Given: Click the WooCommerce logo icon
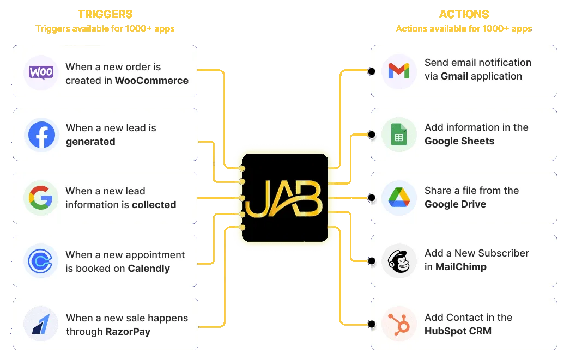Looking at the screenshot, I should pyautogui.click(x=41, y=72).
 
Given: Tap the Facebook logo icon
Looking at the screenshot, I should pyautogui.click(x=41, y=135).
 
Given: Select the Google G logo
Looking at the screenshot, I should pyautogui.click(x=41, y=198).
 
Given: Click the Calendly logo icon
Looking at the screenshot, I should pyautogui.click(x=41, y=261).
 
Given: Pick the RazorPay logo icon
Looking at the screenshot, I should pyautogui.click(x=41, y=324).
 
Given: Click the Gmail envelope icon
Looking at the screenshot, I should pyautogui.click(x=399, y=71).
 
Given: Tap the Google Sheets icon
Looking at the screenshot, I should pyautogui.click(x=399, y=135).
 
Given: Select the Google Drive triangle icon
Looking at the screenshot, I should pyautogui.click(x=399, y=197).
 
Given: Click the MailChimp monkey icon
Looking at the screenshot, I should pyautogui.click(x=399, y=261).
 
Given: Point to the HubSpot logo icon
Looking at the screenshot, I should pyautogui.click(x=399, y=324).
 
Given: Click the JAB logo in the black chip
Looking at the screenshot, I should pyautogui.click(x=284, y=198).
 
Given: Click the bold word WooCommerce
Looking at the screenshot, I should pyautogui.click(x=151, y=81).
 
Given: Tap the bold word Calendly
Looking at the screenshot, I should pyautogui.click(x=149, y=269).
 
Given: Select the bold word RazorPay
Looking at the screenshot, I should pyautogui.click(x=128, y=331).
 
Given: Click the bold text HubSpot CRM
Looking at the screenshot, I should pyautogui.click(x=458, y=331).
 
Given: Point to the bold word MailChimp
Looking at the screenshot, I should pyautogui.click(x=461, y=267).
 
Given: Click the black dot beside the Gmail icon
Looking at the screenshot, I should pyautogui.click(x=371, y=71).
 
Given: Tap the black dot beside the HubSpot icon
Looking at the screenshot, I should pyautogui.click(x=371, y=324).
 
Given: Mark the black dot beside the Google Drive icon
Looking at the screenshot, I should pyautogui.click(x=371, y=197).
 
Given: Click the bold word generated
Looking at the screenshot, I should pyautogui.click(x=90, y=142).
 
